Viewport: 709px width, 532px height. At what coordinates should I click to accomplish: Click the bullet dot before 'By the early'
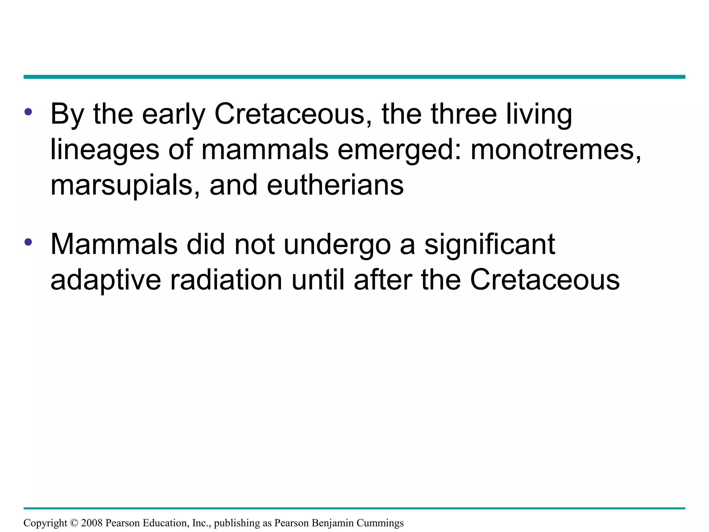(x=28, y=112)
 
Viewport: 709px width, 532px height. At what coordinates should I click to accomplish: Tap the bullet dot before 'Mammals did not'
(x=28, y=242)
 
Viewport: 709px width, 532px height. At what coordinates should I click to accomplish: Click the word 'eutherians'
(x=335, y=185)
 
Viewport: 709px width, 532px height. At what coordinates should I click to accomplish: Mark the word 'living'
(x=539, y=115)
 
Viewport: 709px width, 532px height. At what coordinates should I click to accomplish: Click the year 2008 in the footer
(x=92, y=523)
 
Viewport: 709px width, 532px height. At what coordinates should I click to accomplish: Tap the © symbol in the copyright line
(x=74, y=523)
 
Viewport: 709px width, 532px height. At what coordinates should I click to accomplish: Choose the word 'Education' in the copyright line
(x=166, y=523)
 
